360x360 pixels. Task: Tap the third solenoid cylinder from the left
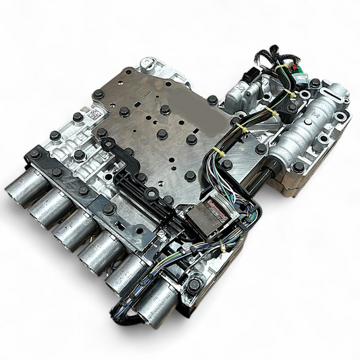coord(71,229)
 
